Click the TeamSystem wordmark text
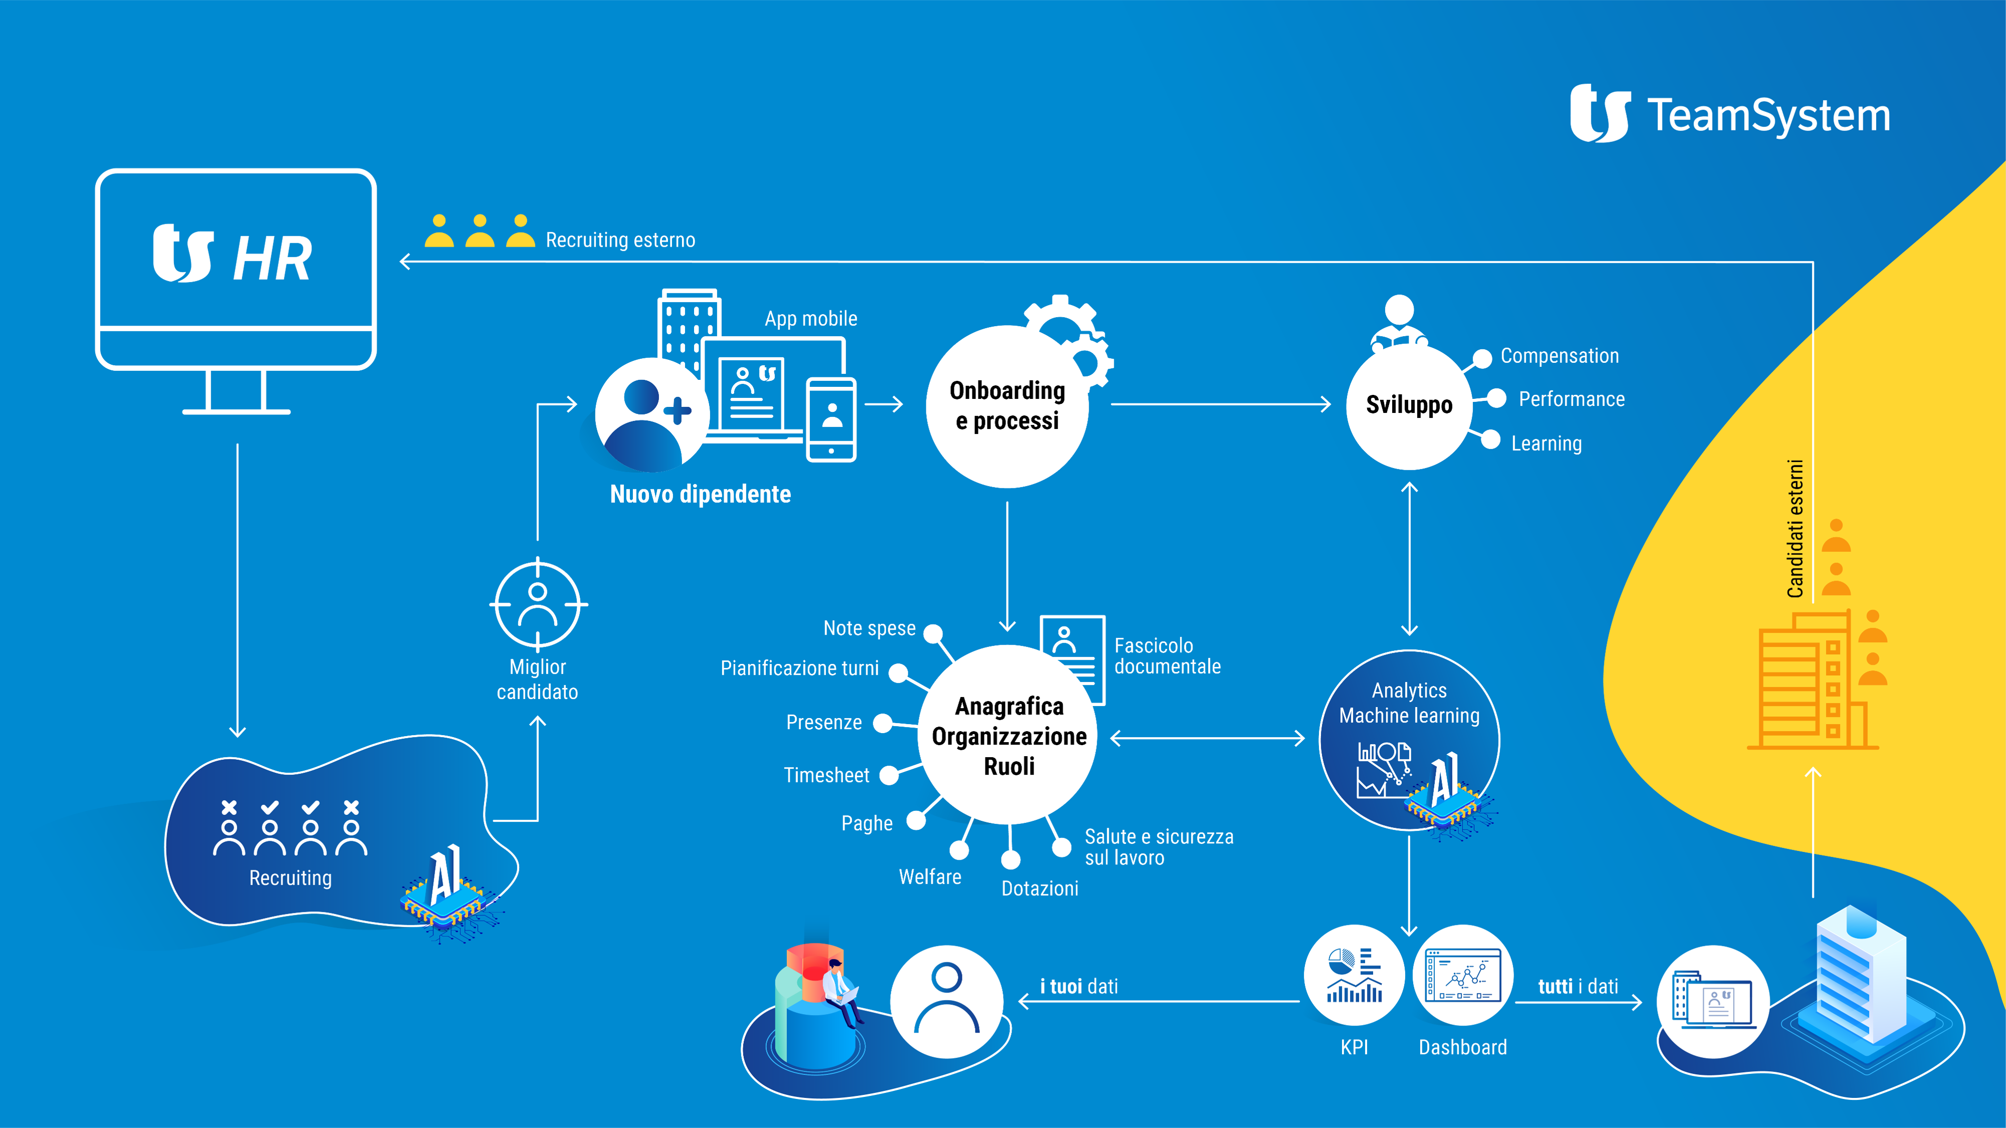(x=1768, y=115)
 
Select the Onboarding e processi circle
(x=1007, y=406)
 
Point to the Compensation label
(x=1559, y=356)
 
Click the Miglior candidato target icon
(x=538, y=604)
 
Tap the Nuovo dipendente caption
(x=700, y=494)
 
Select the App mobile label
(x=810, y=319)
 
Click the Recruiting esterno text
(x=620, y=240)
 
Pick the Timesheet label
(x=826, y=775)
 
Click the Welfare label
(x=930, y=877)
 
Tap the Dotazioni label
(x=1040, y=888)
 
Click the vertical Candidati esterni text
(x=1795, y=529)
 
